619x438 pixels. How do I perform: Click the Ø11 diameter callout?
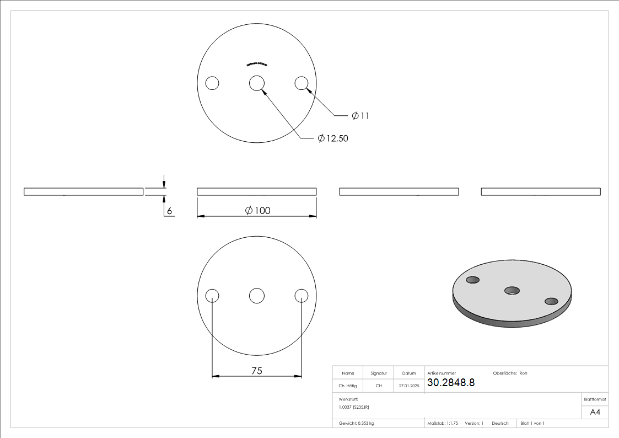click(360, 116)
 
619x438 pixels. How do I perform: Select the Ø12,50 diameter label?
click(333, 138)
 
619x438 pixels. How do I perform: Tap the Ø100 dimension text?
click(257, 210)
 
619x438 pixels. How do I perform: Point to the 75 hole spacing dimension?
click(257, 371)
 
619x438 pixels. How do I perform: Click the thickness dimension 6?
click(170, 211)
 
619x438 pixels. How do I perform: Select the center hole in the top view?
click(256, 83)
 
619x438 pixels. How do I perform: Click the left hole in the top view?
click(212, 83)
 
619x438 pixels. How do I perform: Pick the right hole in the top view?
click(301, 83)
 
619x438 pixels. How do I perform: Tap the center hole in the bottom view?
click(256, 296)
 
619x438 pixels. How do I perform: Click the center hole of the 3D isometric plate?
click(512, 290)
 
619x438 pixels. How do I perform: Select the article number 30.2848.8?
click(451, 382)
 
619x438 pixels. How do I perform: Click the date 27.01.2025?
click(409, 386)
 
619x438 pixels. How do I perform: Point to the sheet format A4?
click(595, 412)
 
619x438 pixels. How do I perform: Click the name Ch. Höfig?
click(348, 386)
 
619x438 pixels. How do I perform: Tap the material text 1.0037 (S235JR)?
click(354, 407)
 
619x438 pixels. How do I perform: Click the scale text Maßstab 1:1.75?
click(443, 423)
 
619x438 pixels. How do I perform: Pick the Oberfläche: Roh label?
click(510, 373)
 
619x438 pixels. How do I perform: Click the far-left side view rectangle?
click(83, 191)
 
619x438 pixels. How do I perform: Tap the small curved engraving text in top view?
click(256, 64)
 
